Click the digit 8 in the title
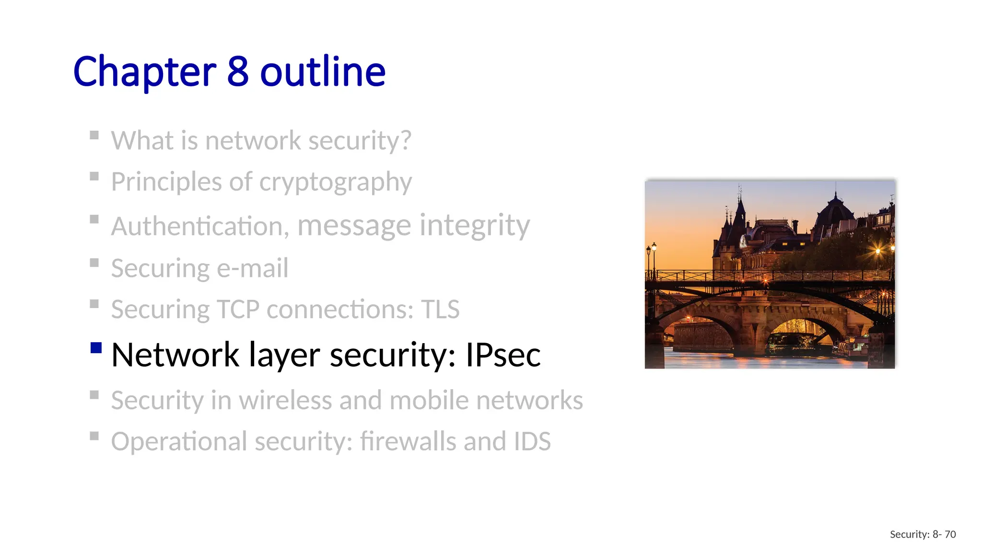[x=237, y=72]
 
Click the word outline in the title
[x=323, y=72]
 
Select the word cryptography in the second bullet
[x=335, y=183]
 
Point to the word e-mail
[x=253, y=268]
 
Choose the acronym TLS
[x=440, y=310]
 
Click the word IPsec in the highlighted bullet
[x=503, y=355]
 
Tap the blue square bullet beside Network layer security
[x=96, y=347]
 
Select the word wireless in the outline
[x=285, y=400]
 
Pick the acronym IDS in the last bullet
[x=532, y=441]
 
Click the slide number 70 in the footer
[x=950, y=534]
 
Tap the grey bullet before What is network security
[x=94, y=135]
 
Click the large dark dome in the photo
[x=835, y=211]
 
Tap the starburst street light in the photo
[x=878, y=251]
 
